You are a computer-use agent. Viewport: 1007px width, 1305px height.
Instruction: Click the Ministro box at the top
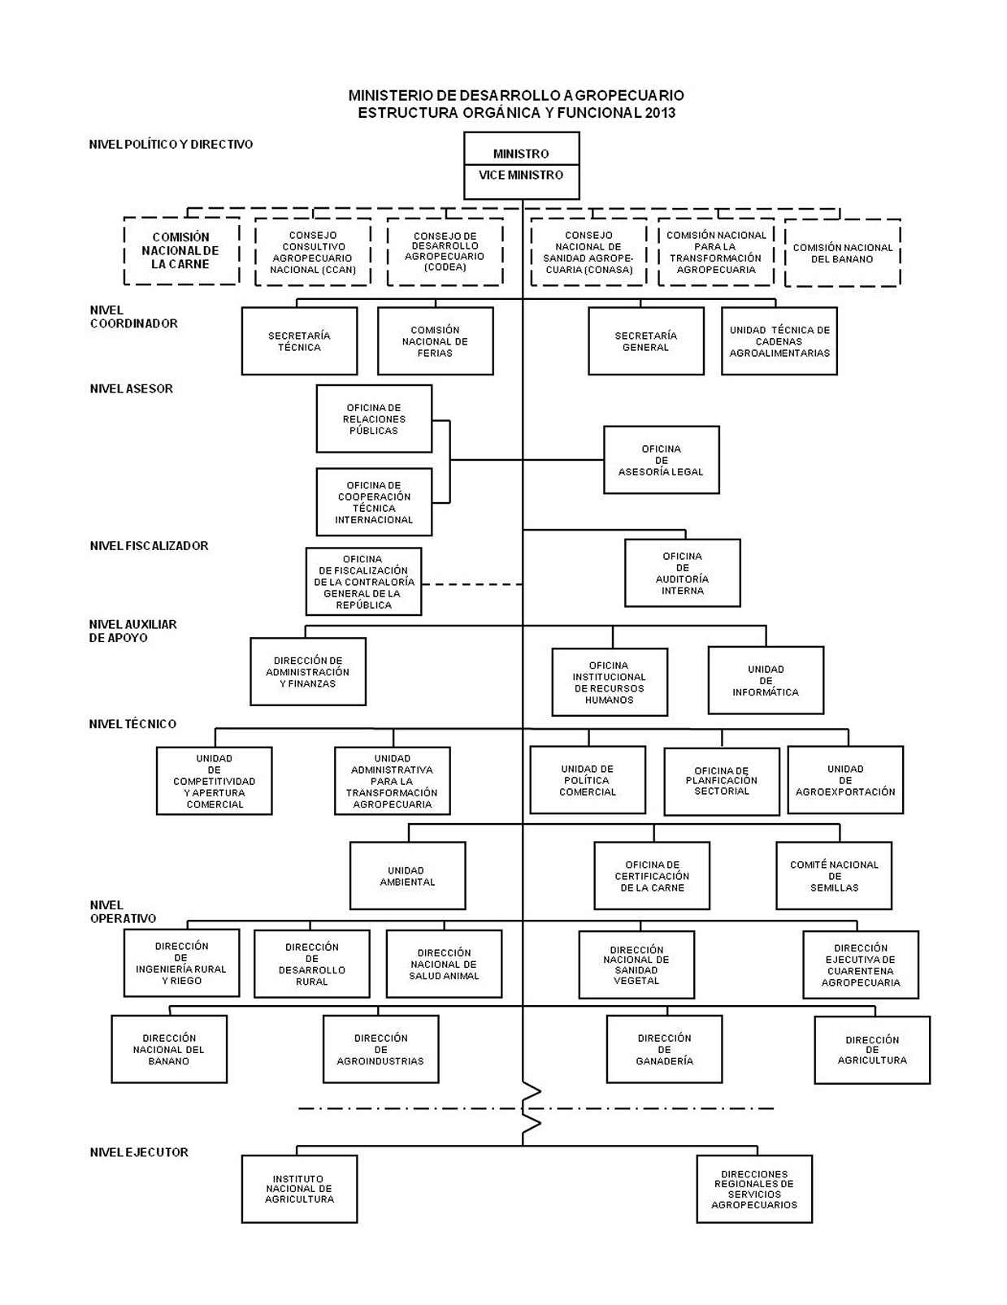(521, 153)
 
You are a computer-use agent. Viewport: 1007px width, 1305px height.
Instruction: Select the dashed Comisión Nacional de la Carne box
(181, 251)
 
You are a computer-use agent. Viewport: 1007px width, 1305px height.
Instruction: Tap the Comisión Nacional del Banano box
(842, 253)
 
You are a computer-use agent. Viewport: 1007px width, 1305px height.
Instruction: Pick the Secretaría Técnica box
(299, 341)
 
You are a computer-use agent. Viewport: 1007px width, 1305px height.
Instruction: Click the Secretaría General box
(645, 341)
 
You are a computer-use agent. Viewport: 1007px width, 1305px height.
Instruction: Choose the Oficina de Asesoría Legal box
(661, 460)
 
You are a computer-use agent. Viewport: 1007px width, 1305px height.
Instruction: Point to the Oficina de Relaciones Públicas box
(374, 418)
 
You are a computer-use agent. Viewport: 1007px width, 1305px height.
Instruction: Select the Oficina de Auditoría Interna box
(682, 573)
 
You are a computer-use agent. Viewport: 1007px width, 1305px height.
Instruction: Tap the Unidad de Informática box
(766, 680)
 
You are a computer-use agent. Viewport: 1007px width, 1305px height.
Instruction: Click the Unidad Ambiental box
(407, 875)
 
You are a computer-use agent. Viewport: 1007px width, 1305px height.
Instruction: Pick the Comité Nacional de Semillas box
(834, 875)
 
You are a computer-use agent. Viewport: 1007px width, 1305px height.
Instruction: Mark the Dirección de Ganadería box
(664, 1049)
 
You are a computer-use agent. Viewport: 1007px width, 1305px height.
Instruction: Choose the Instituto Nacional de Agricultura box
(299, 1189)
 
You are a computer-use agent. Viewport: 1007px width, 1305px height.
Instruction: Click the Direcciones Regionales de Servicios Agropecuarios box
(753, 1189)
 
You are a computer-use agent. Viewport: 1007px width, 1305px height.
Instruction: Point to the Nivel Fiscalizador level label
(149, 545)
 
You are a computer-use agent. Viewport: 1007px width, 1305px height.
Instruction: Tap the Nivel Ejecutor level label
(139, 1151)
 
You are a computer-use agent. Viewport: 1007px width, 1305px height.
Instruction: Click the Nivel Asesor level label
(132, 388)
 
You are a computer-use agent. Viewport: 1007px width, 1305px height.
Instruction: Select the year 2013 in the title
(660, 113)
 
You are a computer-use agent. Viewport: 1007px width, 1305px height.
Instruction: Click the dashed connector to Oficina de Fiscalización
(471, 583)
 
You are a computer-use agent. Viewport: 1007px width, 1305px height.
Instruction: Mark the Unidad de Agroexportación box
(845, 780)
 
